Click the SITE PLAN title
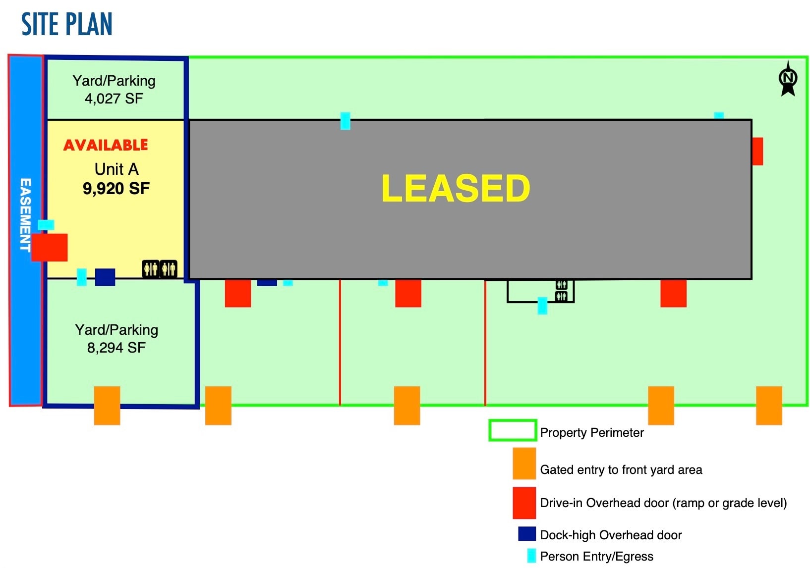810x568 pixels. pyautogui.click(x=67, y=24)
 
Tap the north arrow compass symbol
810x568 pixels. pyautogui.click(x=788, y=79)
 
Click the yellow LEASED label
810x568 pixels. pyautogui.click(x=456, y=189)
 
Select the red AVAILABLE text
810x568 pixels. pyautogui.click(x=106, y=145)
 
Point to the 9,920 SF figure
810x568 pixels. pyautogui.click(x=116, y=189)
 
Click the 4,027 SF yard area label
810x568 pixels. pyautogui.click(x=114, y=99)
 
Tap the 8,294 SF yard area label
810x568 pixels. pyautogui.click(x=116, y=348)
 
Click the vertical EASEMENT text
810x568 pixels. pyautogui.click(x=25, y=214)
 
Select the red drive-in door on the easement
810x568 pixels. pyautogui.click(x=50, y=248)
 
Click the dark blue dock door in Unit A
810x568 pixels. pyautogui.click(x=105, y=277)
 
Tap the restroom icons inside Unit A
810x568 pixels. pyautogui.click(x=160, y=269)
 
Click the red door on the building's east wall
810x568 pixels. pyautogui.click(x=757, y=152)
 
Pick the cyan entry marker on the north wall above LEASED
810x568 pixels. pyautogui.click(x=346, y=121)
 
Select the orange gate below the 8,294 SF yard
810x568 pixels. pyautogui.click(x=107, y=406)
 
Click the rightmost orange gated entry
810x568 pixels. pyautogui.click(x=769, y=406)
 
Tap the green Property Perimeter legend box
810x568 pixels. pyautogui.click(x=513, y=430)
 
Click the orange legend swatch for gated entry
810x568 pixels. pyautogui.click(x=524, y=464)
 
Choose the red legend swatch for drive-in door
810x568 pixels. pyautogui.click(x=524, y=503)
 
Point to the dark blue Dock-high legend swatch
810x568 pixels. pyautogui.click(x=527, y=534)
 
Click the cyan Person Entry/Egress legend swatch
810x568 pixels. pyautogui.click(x=531, y=556)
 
